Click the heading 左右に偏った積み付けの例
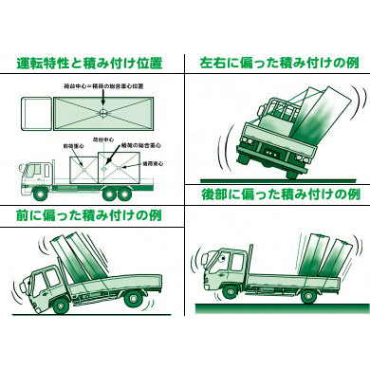coord(278,65)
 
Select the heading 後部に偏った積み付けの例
coord(278,194)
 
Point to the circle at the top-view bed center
coord(102,112)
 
